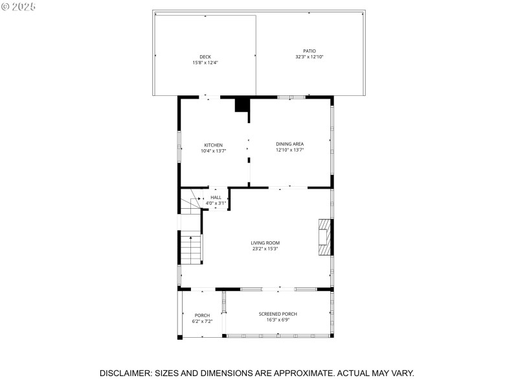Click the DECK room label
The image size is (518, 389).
click(x=205, y=57)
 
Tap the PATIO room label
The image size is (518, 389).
click(x=309, y=51)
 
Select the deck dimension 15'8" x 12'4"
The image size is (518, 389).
click(x=205, y=63)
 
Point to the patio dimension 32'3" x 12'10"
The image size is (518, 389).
click(x=309, y=57)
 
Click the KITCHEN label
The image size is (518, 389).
click(x=213, y=145)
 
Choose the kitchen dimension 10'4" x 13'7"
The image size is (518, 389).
click(x=213, y=150)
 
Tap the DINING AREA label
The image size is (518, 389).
click(x=289, y=144)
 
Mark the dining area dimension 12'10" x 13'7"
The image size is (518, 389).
click(x=289, y=150)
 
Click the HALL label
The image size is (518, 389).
click(x=216, y=197)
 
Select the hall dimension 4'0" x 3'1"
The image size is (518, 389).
click(x=216, y=203)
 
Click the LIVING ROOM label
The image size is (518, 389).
click(x=265, y=243)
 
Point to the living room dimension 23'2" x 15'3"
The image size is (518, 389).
click(x=265, y=249)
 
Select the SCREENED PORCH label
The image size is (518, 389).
click(x=278, y=314)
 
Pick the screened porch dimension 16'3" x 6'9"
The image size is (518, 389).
click(x=278, y=320)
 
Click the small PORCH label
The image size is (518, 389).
click(x=202, y=315)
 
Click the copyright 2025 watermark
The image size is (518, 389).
click(x=19, y=6)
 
